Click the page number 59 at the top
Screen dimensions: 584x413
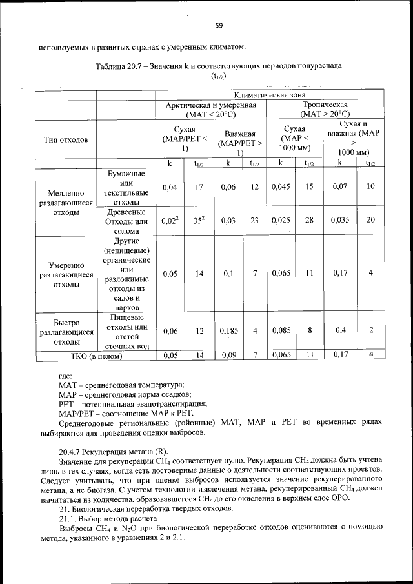coord(218,26)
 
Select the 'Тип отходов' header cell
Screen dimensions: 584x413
coord(66,139)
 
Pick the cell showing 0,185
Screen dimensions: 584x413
coord(228,331)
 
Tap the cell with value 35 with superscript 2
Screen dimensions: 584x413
coord(199,220)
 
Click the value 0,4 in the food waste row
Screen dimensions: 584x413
coord(339,331)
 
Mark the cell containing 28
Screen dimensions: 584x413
coord(310,220)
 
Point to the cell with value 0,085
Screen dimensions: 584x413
coord(281,331)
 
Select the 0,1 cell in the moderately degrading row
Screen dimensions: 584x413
coord(228,274)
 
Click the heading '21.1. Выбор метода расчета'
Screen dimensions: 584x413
coord(107,518)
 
